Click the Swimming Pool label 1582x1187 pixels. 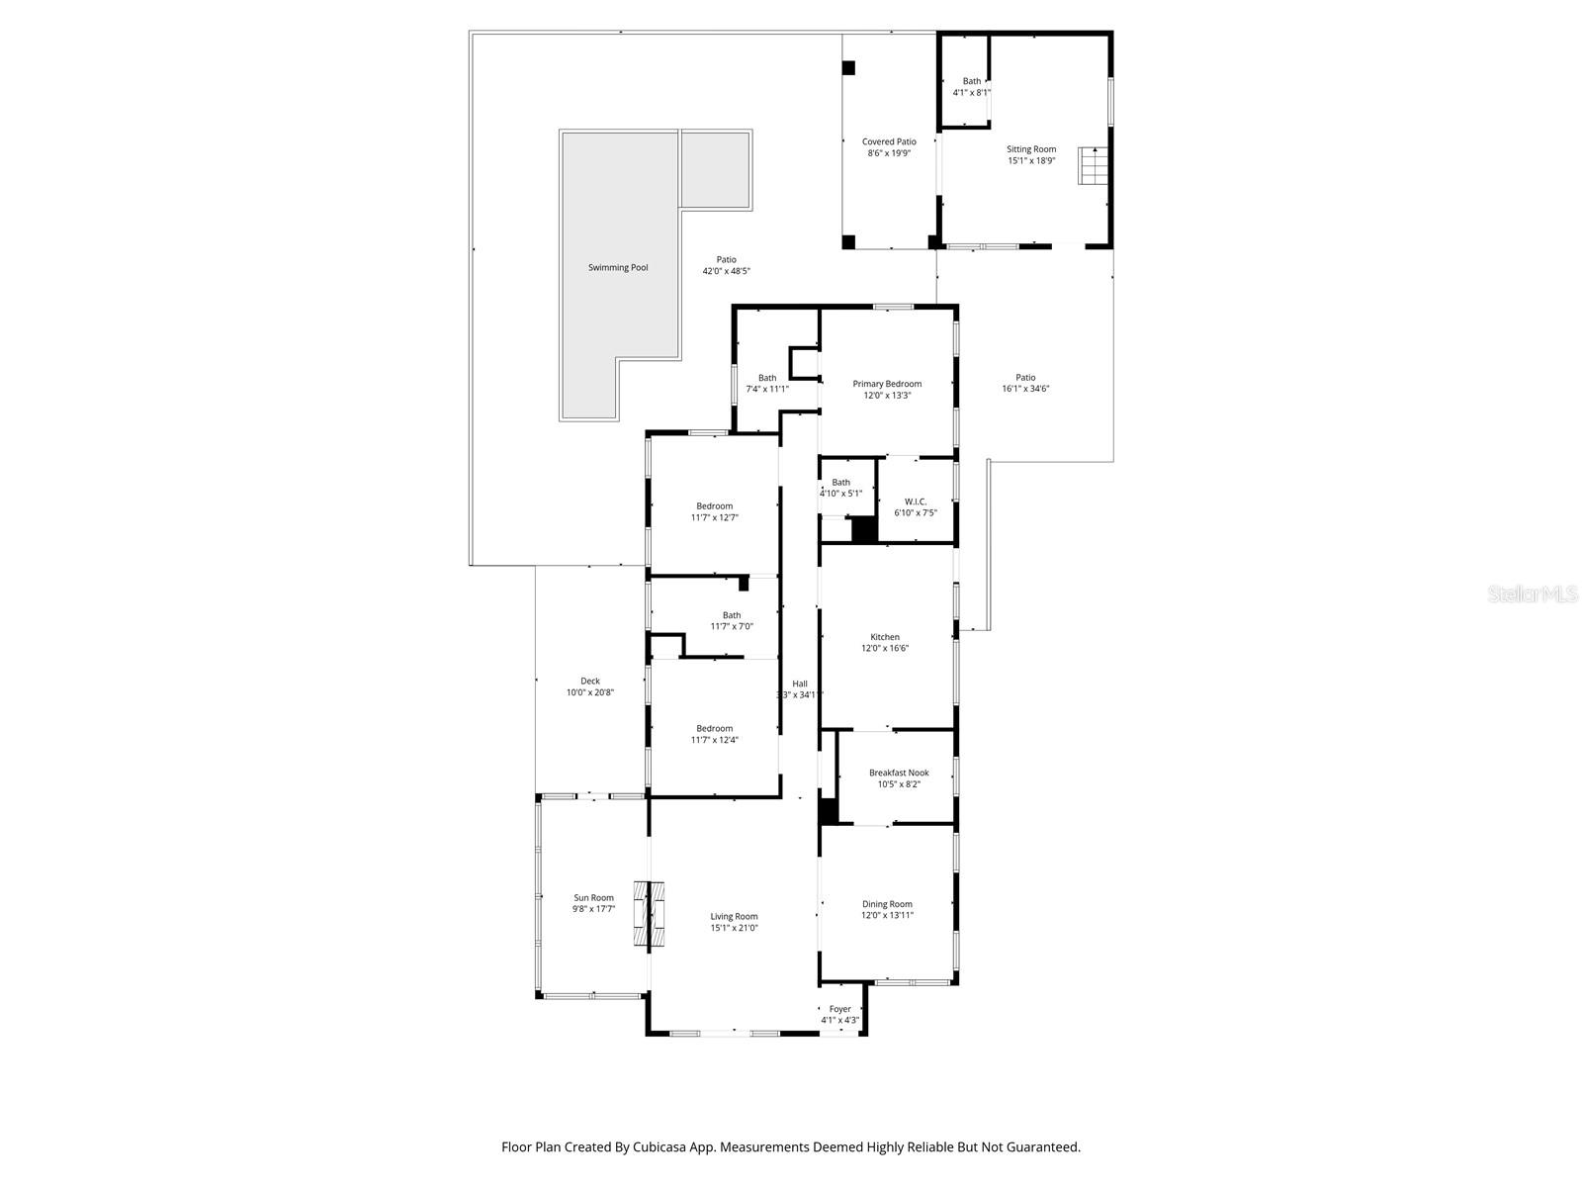tap(618, 267)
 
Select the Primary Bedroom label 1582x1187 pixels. tap(887, 384)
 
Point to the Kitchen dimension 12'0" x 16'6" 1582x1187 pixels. tap(885, 649)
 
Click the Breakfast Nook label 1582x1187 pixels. tap(899, 773)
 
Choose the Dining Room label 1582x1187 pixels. tap(887, 904)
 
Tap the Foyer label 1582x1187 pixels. tap(839, 1009)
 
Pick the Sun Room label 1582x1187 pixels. tap(593, 898)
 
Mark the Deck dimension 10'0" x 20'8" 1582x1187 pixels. tap(590, 692)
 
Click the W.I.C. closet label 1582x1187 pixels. tap(916, 502)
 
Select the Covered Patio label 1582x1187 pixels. tap(889, 141)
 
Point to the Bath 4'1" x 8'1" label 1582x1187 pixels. tap(972, 81)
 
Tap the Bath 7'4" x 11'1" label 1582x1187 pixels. tap(767, 378)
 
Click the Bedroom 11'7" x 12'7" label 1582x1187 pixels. tap(714, 505)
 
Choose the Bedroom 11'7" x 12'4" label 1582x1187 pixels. tap(714, 728)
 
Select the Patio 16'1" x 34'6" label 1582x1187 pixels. tap(1025, 377)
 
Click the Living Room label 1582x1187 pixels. tap(734, 916)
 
